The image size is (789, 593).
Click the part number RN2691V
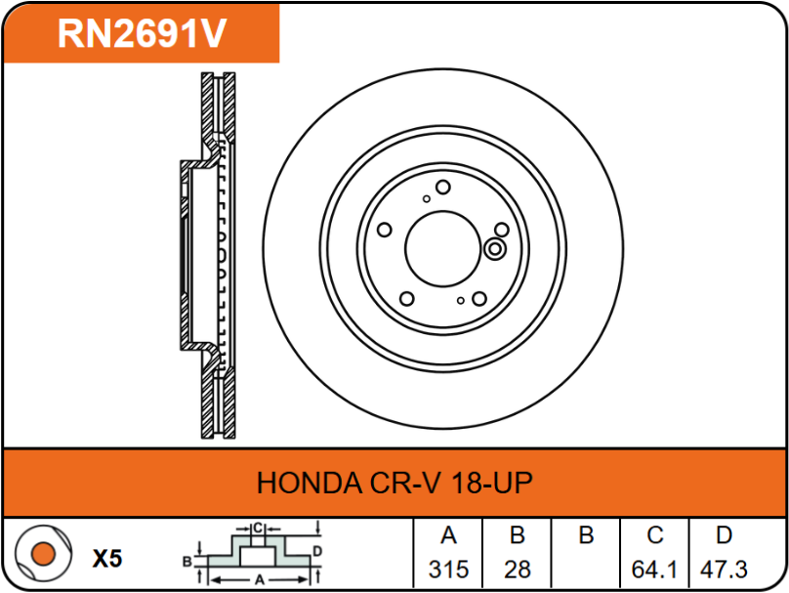coord(142,34)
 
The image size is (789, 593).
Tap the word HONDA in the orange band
coord(310,484)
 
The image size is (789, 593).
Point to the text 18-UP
coord(491,484)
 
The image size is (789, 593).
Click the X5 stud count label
coord(107,558)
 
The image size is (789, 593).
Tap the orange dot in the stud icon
coord(43,554)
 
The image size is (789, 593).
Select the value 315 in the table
coord(448,570)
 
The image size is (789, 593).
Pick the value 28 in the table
coord(518,570)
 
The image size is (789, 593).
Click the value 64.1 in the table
coord(654,570)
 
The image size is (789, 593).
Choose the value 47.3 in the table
coord(724,570)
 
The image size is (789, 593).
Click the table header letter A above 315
coord(448,535)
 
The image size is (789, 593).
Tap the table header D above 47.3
coord(724,535)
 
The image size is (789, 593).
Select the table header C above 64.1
coord(654,535)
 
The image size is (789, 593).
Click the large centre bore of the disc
coord(442,249)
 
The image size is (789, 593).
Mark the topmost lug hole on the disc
coord(442,188)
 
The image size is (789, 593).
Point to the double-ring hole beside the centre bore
coord(495,249)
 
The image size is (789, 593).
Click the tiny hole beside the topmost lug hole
coord(426,199)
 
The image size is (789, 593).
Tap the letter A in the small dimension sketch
coord(260,580)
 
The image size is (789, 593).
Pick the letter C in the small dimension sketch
coord(258,529)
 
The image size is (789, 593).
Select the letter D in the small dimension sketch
coord(317,551)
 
